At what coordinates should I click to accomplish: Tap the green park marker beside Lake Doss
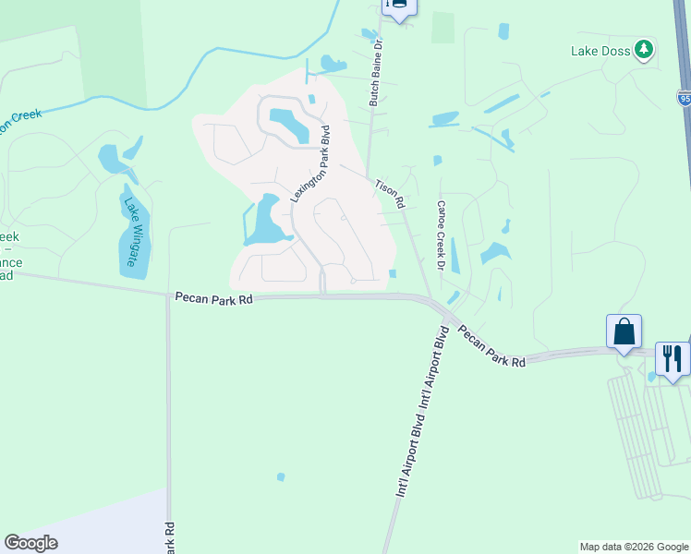coord(645,49)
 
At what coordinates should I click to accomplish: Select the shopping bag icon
coord(624,331)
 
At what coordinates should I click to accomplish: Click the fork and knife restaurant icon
coord(673,358)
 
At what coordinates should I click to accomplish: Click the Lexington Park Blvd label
coord(310,163)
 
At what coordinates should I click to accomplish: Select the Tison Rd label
coord(390,193)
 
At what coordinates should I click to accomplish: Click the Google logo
coord(30,543)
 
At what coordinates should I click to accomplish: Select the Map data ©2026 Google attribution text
coord(634,547)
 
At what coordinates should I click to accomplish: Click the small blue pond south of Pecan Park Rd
coord(280,477)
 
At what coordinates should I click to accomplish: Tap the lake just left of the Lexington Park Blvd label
coord(265,222)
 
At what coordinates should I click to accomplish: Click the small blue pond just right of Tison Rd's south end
coord(394,272)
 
